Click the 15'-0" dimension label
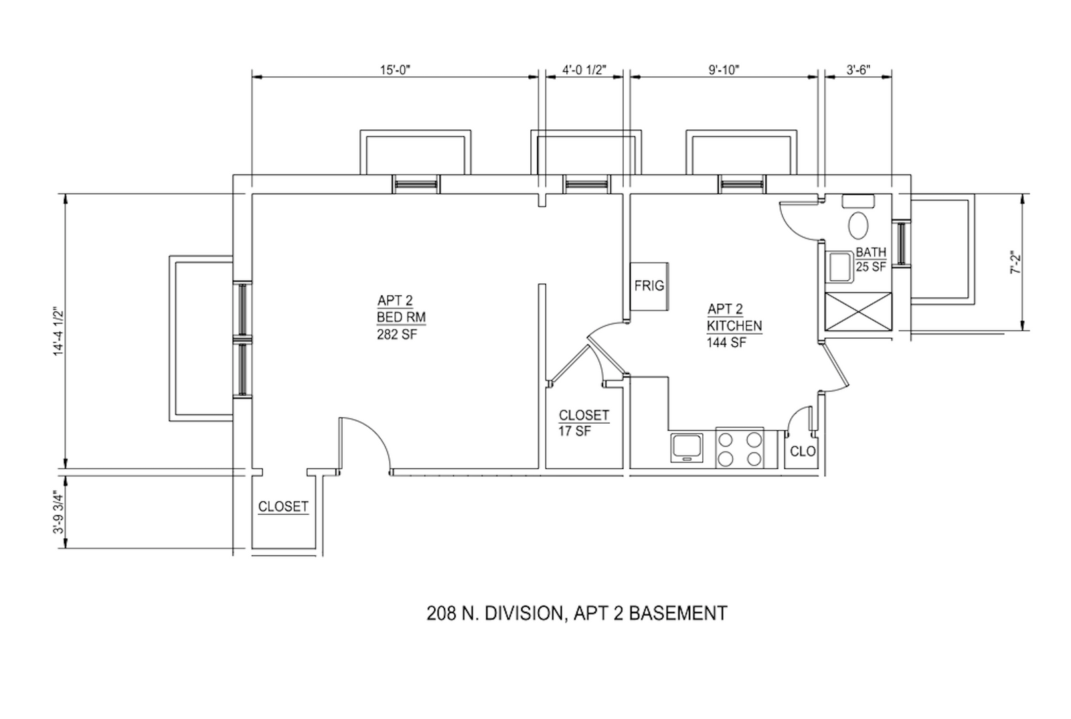(396, 70)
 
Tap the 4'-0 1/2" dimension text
(584, 70)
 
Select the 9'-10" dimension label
(724, 70)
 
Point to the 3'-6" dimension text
(858, 70)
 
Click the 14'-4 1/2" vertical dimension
(58, 331)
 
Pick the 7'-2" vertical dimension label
(1015, 262)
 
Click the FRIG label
(649, 286)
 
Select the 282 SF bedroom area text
(397, 334)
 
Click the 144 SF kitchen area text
(726, 342)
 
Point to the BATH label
(871, 252)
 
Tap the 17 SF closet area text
(575, 430)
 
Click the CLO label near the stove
(803, 451)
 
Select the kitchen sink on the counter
(687, 447)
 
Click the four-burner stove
(740, 449)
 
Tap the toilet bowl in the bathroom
(858, 225)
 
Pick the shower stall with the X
(858, 311)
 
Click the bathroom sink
(839, 266)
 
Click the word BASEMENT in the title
(678, 613)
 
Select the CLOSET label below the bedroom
(283, 507)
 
